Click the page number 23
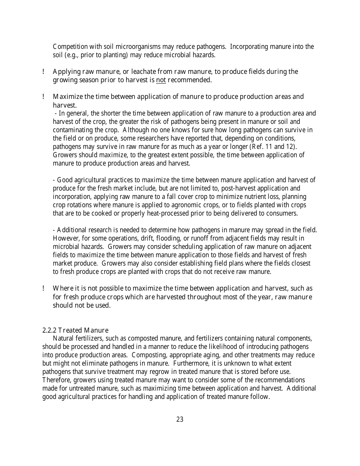[180, 419]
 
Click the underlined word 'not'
[161, 80]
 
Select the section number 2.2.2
[49, 330]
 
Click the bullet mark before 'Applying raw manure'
[44, 72]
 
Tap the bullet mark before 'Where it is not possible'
[44, 289]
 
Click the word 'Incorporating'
[249, 47]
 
